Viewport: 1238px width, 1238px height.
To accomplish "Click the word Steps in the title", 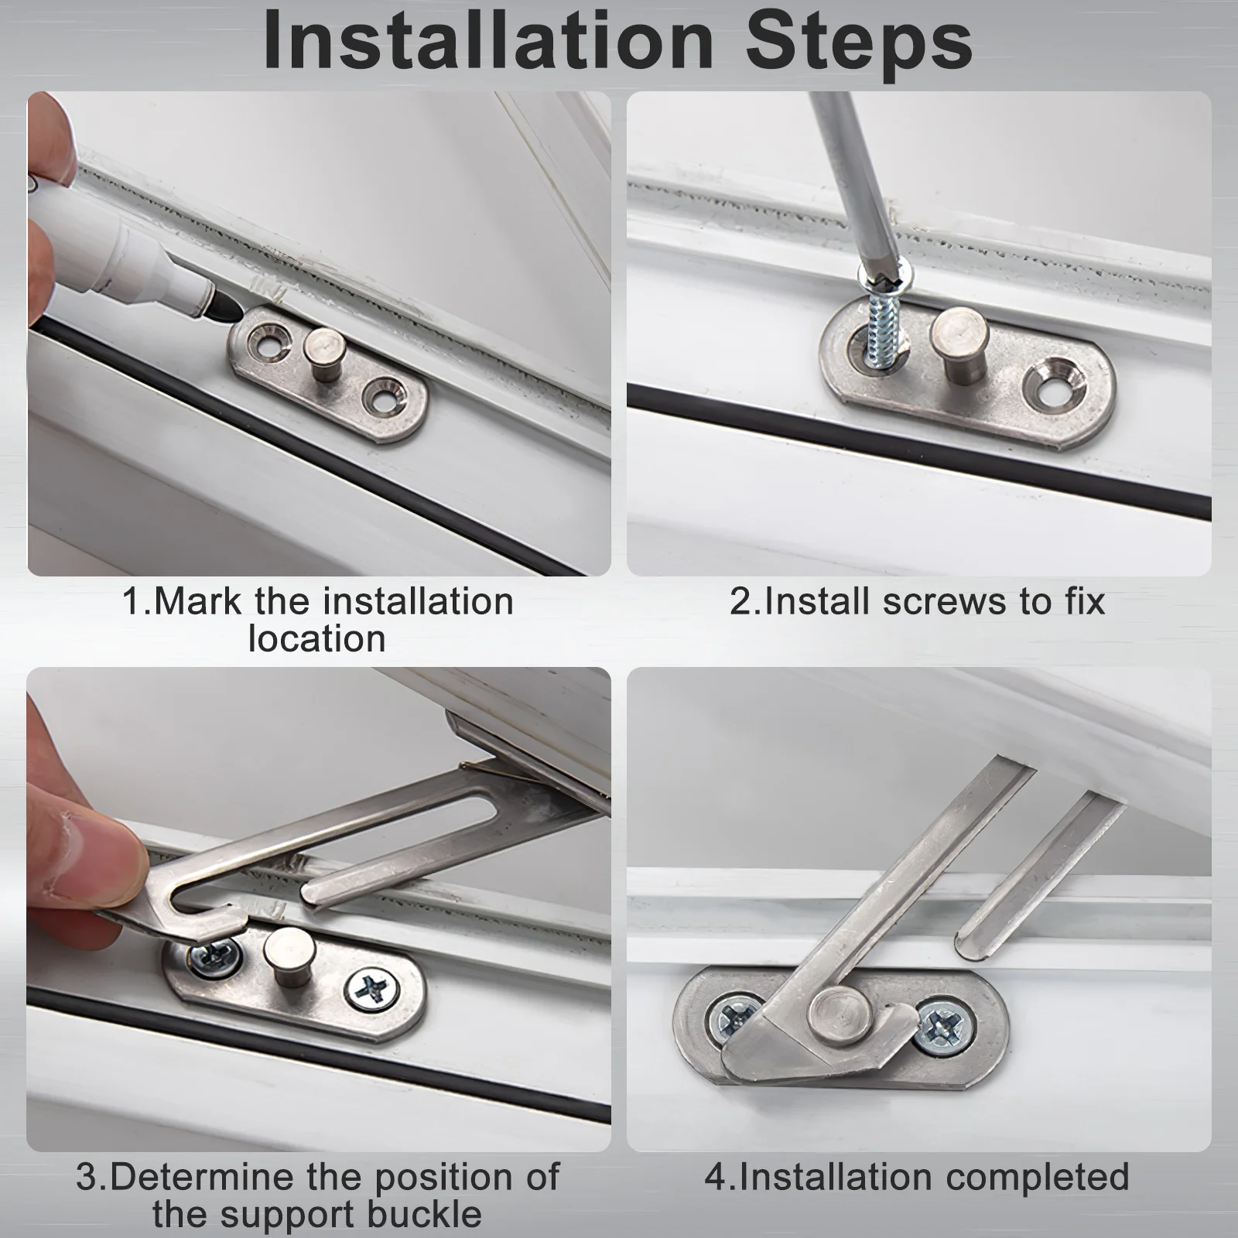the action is (858, 45).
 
